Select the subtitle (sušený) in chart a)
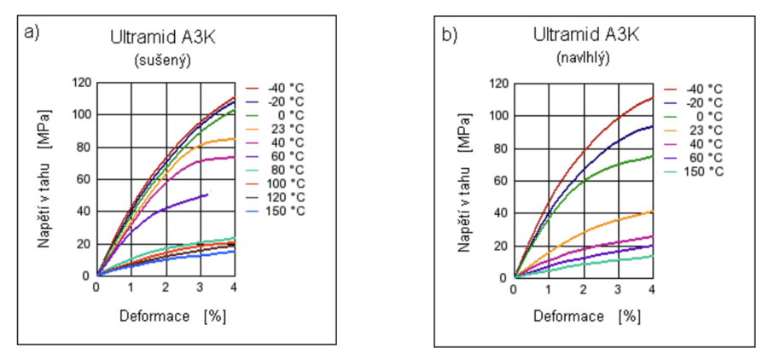pos(162,60)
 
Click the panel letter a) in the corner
pos(33,33)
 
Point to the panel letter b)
pos(450,35)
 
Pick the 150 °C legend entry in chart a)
pos(277,211)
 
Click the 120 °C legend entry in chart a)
pos(277,197)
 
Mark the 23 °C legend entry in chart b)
pos(696,130)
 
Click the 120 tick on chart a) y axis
pos(82,83)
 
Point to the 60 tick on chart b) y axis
pos(502,181)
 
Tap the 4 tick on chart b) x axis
pos(652,287)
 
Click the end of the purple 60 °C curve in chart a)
pos(207,195)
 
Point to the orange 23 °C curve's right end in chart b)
pos(652,211)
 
